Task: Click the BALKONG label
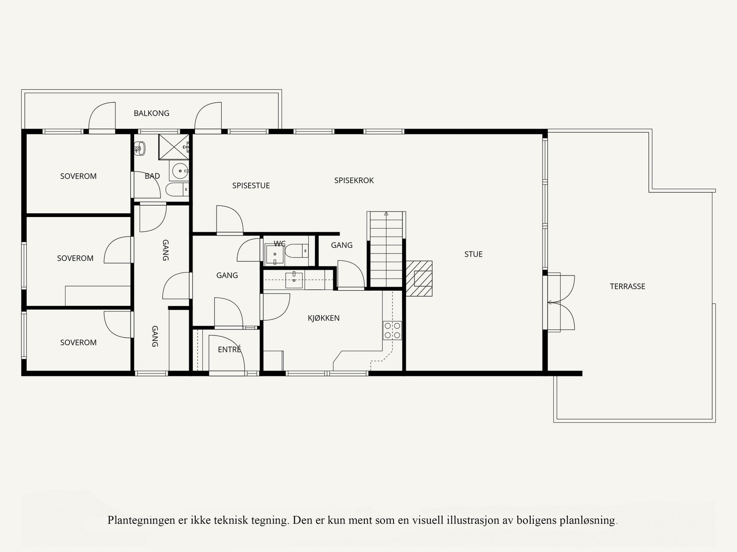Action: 152,113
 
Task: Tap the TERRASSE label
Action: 627,287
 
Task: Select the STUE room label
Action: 474,254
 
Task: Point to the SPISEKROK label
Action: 354,180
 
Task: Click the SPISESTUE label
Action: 251,186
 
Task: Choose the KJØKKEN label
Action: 324,318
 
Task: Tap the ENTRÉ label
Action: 230,349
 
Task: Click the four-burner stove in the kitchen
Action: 392,330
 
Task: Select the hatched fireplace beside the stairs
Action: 419,278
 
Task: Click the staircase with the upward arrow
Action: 386,249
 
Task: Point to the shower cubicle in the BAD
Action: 174,147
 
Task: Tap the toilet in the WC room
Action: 297,251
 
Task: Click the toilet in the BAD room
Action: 177,189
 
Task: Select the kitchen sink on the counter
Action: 294,280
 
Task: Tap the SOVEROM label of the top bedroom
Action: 78,176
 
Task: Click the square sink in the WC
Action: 275,255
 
